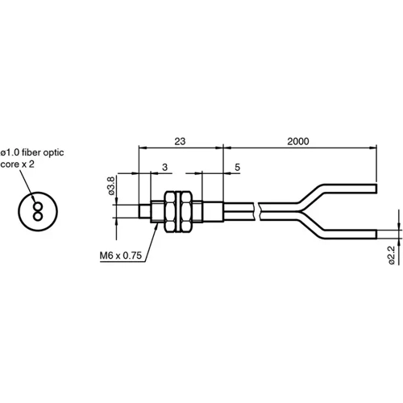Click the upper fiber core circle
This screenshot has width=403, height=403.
(37, 206)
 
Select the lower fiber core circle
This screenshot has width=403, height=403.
(37, 216)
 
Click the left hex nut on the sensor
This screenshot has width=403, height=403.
(172, 210)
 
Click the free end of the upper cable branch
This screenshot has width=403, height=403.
(376, 188)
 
